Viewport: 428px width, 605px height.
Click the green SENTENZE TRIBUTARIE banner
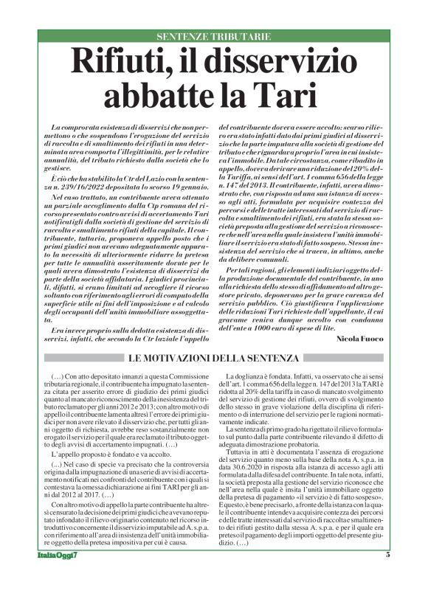(x=214, y=36)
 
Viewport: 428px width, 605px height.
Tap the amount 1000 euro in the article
(x=282, y=328)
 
